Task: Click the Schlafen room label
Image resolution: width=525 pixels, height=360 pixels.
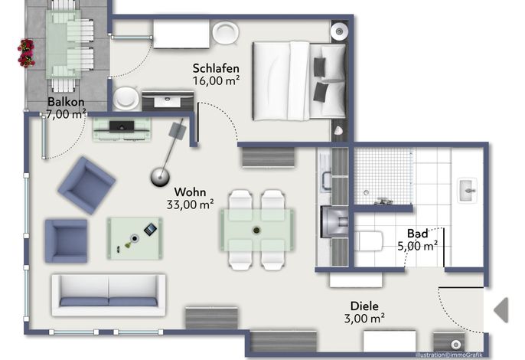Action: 216,68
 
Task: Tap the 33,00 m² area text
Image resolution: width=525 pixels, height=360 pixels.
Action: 191,205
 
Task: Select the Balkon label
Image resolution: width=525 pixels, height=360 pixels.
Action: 66,102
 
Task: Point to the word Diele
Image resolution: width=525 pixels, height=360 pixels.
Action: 364,306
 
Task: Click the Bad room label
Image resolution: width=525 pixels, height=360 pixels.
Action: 418,234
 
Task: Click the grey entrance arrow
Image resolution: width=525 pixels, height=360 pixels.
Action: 501,310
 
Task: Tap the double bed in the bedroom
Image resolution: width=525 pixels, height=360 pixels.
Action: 299,80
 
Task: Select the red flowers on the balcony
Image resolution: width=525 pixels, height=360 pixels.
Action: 26,53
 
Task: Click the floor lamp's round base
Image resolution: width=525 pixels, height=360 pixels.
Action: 160,177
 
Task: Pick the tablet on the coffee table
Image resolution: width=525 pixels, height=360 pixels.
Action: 150,229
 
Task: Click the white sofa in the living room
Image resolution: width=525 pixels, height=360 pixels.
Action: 109,296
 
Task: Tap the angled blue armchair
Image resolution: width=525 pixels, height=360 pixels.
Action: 86,185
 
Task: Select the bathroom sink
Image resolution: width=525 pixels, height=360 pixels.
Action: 468,190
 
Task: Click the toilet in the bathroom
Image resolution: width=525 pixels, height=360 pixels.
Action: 368,241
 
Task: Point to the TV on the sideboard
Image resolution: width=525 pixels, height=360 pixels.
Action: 122,126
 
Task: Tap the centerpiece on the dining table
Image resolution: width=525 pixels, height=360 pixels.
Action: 256,231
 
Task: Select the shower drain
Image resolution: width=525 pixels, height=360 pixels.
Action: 366,193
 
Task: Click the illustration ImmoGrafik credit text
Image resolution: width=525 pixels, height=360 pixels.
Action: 448,355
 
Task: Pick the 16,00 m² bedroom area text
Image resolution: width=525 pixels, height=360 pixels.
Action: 217,80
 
